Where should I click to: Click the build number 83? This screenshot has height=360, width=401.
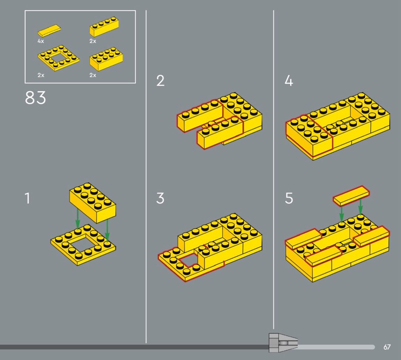tap(35, 97)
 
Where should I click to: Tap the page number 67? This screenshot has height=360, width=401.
tap(387, 347)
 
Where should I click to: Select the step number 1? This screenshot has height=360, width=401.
tap(28, 198)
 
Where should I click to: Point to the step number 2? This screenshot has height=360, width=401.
tap(160, 81)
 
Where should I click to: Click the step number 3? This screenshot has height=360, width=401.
tap(160, 198)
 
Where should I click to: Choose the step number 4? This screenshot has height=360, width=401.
tap(289, 81)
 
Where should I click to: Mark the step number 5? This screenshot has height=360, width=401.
tap(289, 198)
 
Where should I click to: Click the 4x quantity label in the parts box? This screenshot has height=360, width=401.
tap(41, 41)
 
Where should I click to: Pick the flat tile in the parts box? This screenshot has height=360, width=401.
tap(49, 30)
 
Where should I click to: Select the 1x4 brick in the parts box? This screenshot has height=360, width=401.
tap(104, 27)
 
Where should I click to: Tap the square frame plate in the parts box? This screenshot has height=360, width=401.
tap(58, 58)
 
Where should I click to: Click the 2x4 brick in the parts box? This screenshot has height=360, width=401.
tap(106, 59)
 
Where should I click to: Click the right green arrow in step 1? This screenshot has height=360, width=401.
tap(107, 230)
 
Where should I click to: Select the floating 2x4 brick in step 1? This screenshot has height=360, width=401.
tap(93, 203)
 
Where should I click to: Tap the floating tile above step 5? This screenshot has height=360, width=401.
tap(351, 196)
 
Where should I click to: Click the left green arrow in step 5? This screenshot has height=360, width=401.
tap(341, 214)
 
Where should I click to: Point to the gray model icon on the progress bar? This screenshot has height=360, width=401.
tap(283, 343)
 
